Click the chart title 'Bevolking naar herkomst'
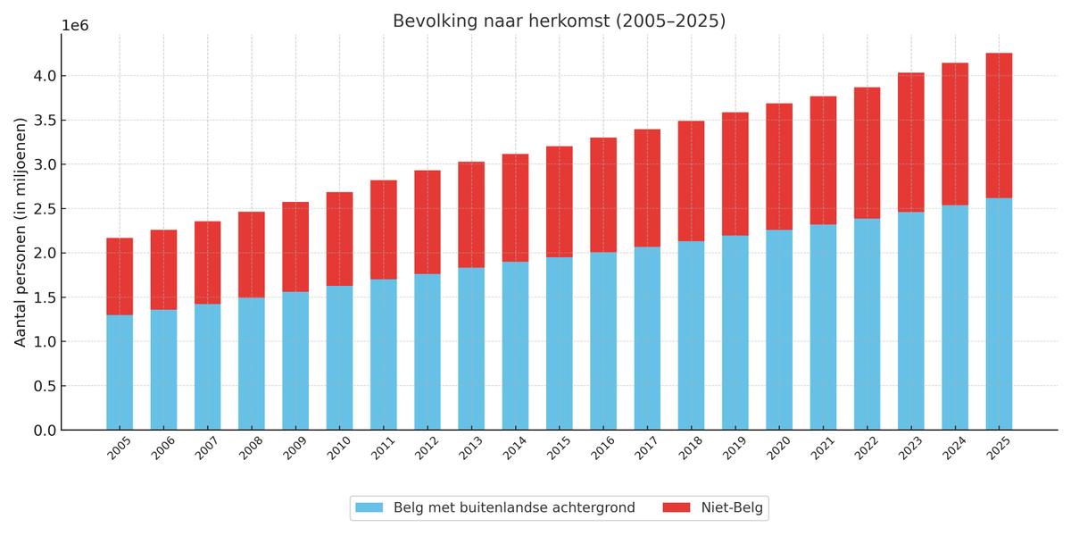coord(559,21)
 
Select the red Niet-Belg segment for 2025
coord(999,125)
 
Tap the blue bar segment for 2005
coord(120,372)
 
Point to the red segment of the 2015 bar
coord(560,202)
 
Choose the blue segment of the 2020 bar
coord(779,330)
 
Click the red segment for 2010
coord(339,239)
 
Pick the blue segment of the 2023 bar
coord(911,321)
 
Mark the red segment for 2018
coord(691,180)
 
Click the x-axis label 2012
coord(428,448)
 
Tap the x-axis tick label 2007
coord(208,448)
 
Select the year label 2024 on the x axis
coord(955,448)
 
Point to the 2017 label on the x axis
coord(647,448)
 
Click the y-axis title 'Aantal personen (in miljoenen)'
coord(21,231)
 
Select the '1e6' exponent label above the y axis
coord(75,26)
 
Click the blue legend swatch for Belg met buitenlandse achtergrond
coord(369,508)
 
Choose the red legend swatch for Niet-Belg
coord(676,508)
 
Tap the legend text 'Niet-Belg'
coord(732,508)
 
